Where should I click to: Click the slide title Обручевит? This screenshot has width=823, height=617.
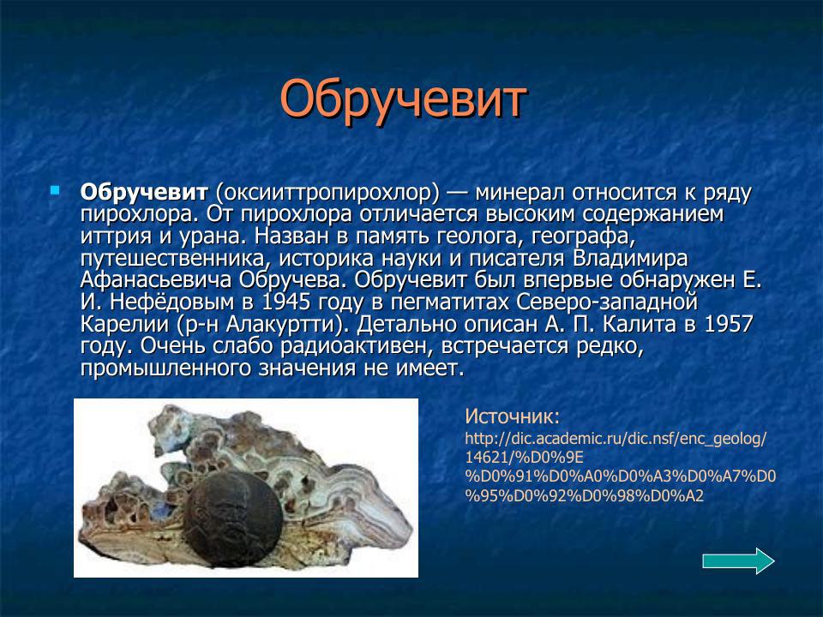(402, 100)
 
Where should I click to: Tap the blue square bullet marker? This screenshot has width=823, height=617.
(56, 188)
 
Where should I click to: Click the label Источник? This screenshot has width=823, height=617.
(512, 417)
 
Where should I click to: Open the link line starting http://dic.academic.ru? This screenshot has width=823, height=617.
(615, 439)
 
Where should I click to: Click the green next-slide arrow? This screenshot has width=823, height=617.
(737, 561)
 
